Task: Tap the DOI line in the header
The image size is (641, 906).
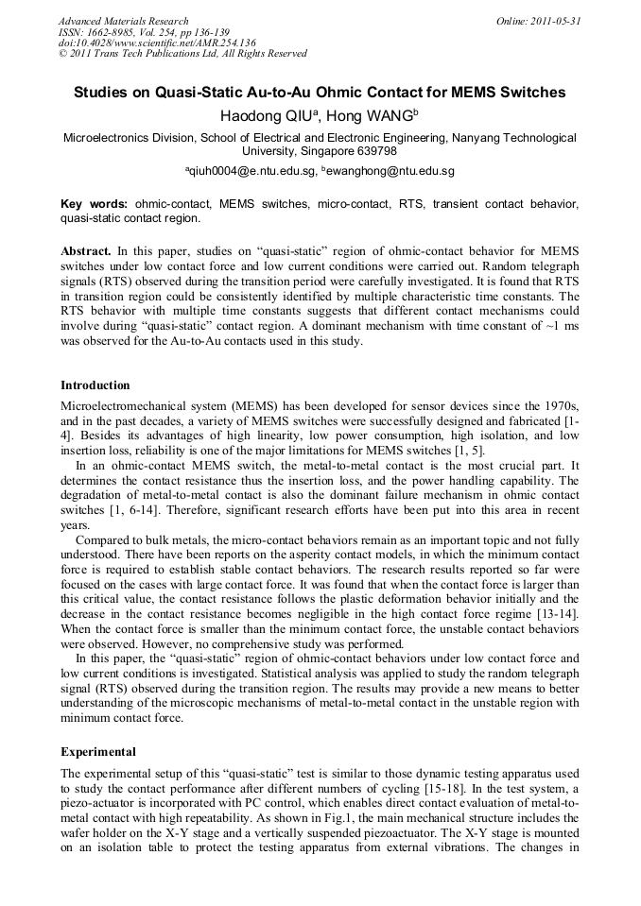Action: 157,43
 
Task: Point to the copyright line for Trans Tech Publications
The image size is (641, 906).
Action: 182,54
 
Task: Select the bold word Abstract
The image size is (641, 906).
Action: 87,250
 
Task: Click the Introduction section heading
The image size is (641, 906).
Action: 95,385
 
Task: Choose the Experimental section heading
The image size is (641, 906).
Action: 98,752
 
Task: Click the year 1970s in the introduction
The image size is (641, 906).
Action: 559,405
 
